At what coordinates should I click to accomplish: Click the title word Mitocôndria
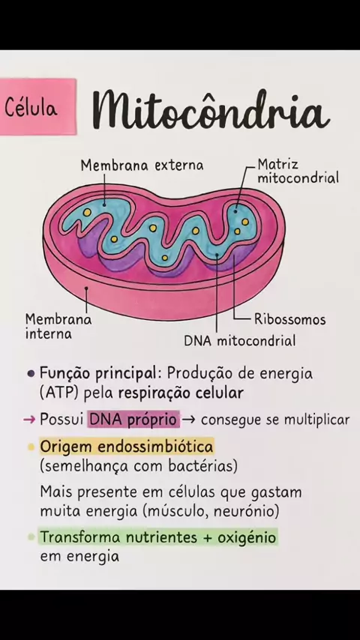pyautogui.click(x=211, y=109)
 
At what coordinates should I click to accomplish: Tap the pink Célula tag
pyautogui.click(x=37, y=106)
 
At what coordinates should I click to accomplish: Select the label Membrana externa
pyautogui.click(x=142, y=166)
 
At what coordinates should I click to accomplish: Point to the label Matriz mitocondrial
pyautogui.click(x=298, y=172)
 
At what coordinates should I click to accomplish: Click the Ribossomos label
pyautogui.click(x=289, y=319)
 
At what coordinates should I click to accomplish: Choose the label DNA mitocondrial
pyautogui.click(x=239, y=341)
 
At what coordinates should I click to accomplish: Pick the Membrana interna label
pyautogui.click(x=58, y=327)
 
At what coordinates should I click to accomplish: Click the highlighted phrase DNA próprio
pyautogui.click(x=133, y=420)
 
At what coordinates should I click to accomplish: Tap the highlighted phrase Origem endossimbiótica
pyautogui.click(x=127, y=447)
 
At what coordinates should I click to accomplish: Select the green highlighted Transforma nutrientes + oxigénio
pyautogui.click(x=158, y=537)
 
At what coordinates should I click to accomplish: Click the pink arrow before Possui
pyautogui.click(x=29, y=420)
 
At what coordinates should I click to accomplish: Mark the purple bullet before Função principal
pyautogui.click(x=31, y=373)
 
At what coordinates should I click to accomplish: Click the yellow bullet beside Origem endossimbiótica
pyautogui.click(x=31, y=447)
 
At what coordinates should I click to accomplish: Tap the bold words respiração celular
pyautogui.click(x=181, y=393)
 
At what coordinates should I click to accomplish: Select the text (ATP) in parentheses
pyautogui.click(x=61, y=393)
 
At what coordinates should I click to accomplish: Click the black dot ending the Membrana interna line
pyautogui.click(x=86, y=289)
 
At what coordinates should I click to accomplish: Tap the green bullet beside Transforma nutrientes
pyautogui.click(x=31, y=537)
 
